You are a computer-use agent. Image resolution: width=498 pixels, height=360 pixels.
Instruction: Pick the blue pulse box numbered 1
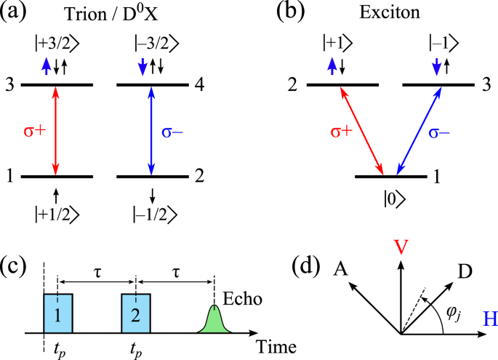58,313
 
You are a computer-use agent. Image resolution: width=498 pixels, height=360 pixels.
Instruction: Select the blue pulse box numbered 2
136,313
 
